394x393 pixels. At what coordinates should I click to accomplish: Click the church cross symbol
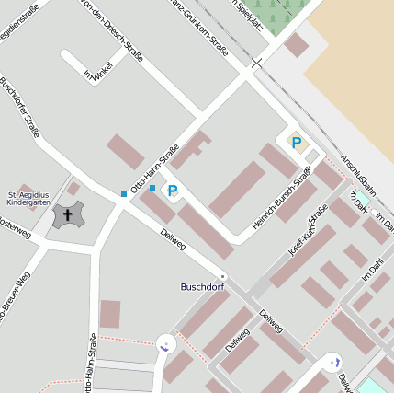(65, 216)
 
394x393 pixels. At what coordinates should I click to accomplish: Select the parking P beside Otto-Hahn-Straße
(171, 191)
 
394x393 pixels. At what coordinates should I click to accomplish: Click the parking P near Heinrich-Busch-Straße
(296, 143)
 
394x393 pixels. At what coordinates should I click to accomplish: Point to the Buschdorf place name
(202, 287)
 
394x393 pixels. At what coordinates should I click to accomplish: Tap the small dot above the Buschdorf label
(222, 275)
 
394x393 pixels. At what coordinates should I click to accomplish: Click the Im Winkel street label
(97, 70)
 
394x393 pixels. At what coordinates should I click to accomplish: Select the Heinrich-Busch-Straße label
(282, 198)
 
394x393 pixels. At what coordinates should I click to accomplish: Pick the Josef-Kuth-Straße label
(308, 229)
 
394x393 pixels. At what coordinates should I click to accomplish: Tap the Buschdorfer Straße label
(19, 107)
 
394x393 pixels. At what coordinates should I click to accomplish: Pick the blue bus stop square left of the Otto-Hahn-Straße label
(124, 193)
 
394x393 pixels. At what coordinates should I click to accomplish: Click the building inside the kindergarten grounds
(73, 189)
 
